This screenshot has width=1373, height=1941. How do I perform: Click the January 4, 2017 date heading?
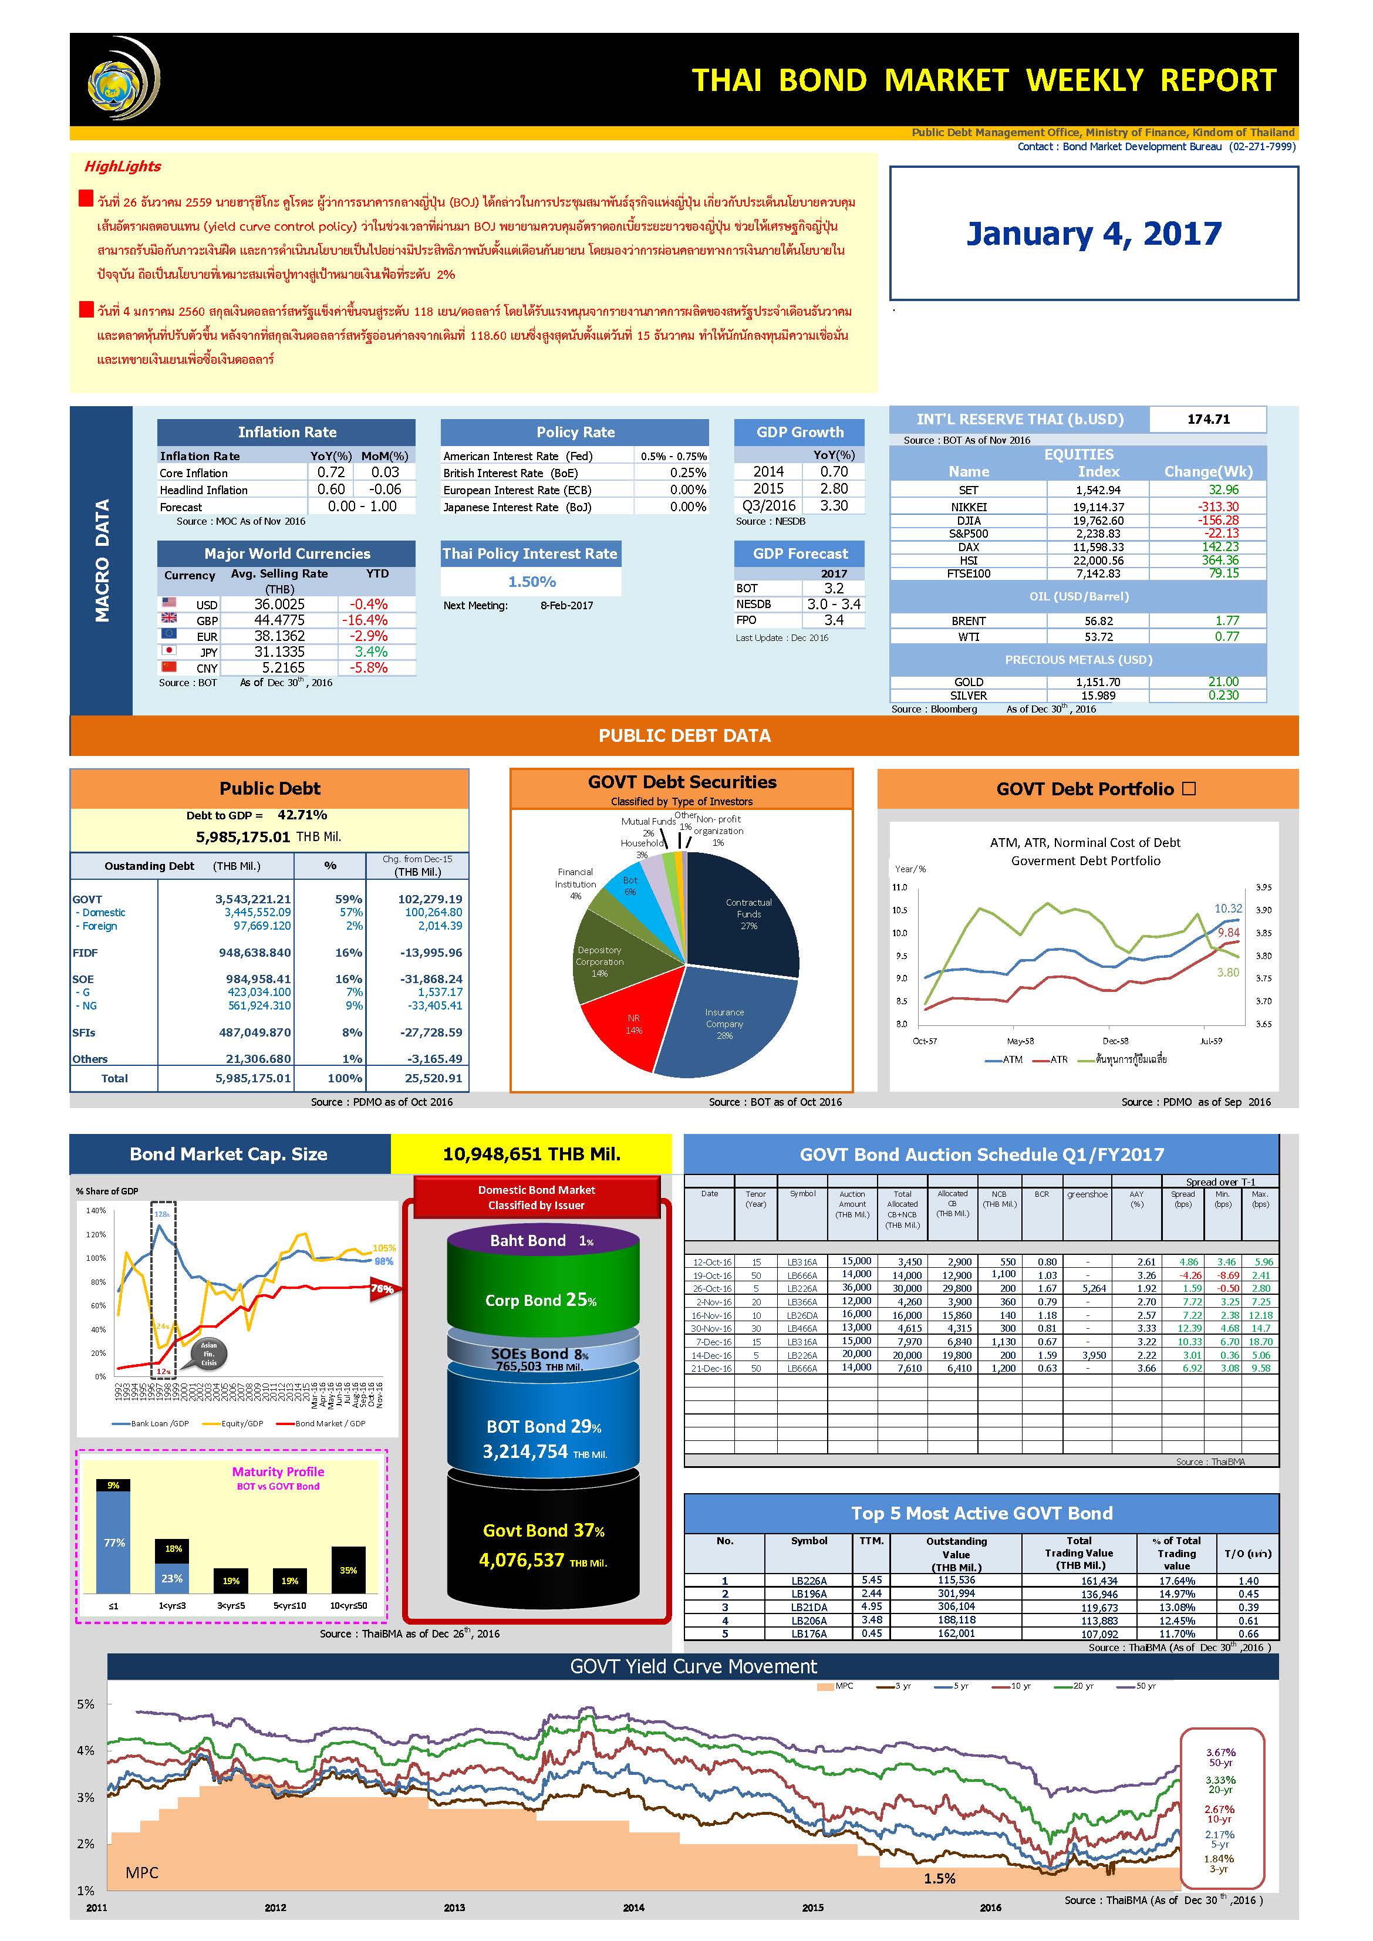pos(1093,234)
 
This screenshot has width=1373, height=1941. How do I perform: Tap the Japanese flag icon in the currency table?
pos(169,651)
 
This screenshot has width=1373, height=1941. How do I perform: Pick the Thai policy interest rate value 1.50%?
pos(532,582)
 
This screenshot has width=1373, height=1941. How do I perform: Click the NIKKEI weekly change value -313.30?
pos(1217,507)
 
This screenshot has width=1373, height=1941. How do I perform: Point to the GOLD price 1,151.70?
pos(1097,682)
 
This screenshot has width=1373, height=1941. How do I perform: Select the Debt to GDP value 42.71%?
pos(302,815)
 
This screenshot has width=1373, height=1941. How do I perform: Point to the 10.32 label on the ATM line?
pos(1229,908)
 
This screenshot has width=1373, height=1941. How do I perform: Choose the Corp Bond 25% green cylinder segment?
pos(542,1300)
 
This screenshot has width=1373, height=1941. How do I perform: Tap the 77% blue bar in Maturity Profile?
pos(113,1544)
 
